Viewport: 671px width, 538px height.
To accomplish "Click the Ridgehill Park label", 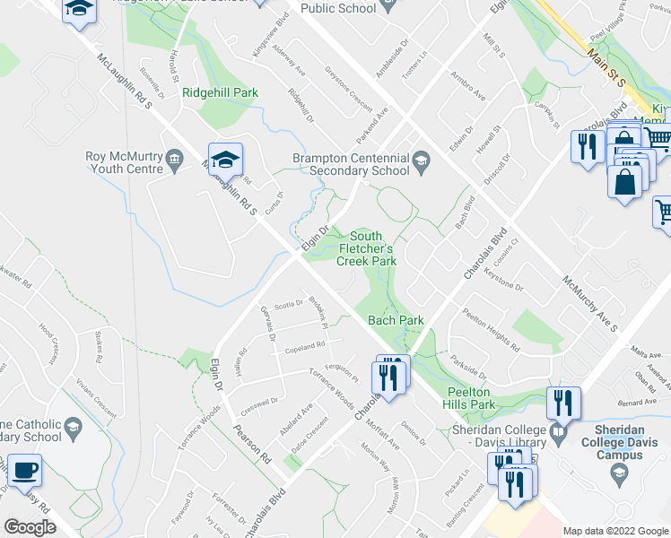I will (220, 92).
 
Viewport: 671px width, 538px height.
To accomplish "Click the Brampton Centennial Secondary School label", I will (352, 165).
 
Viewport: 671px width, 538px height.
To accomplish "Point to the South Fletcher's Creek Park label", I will (366, 248).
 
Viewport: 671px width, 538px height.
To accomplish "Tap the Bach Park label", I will (396, 320).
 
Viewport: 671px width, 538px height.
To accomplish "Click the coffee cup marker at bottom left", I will (27, 471).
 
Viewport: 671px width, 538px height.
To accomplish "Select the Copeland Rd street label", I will (305, 346).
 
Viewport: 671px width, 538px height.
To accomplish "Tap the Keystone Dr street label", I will (502, 278).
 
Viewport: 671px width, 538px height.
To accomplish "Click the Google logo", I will (30, 527).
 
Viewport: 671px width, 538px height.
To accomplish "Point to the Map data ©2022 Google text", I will (614, 531).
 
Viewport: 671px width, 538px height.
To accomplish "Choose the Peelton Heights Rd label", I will (491, 330).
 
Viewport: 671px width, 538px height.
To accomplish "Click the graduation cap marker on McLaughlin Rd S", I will (226, 161).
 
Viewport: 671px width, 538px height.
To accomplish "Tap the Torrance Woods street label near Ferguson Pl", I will (331, 385).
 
